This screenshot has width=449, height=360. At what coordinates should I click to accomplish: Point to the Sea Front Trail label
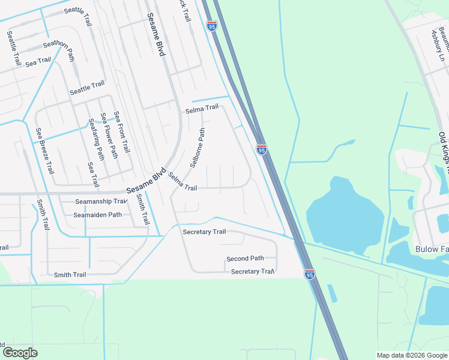122,132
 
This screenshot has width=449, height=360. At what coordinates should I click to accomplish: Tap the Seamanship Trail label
101,202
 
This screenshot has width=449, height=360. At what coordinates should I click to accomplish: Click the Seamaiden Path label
97,215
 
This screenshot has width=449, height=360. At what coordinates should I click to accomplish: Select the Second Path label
245,259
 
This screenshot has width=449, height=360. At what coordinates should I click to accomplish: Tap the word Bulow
427,248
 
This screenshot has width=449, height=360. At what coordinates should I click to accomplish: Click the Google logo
20,353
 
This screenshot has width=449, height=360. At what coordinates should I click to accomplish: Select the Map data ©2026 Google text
412,355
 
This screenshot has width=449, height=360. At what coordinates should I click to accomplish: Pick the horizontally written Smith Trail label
70,275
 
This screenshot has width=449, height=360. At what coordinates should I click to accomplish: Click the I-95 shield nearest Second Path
309,274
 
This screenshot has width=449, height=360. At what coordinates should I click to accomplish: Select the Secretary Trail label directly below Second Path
253,272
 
